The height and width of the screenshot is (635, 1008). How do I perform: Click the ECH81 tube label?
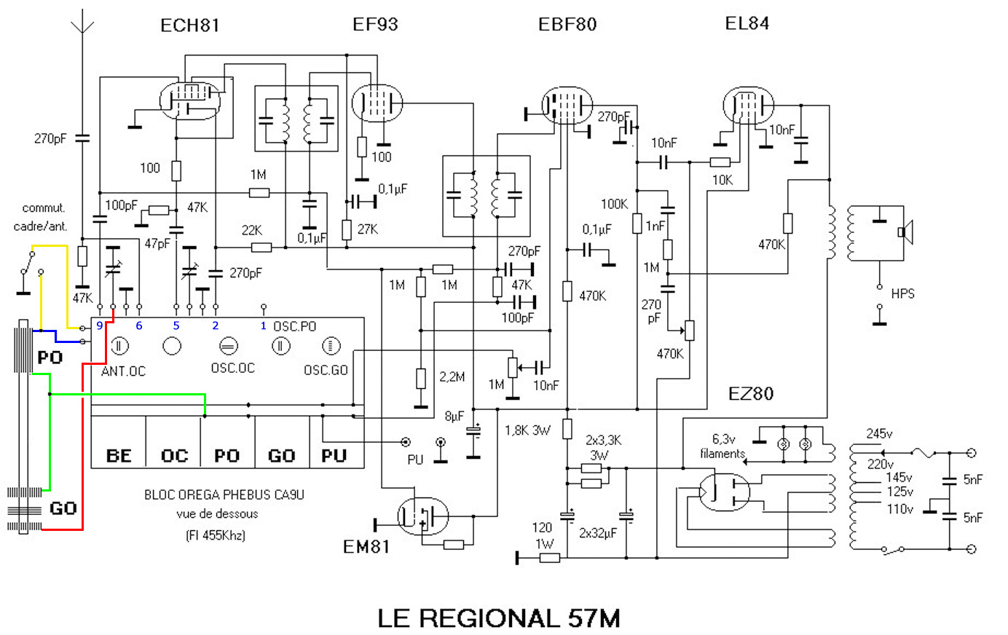tap(189, 25)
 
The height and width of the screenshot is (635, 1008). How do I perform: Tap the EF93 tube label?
tap(375, 25)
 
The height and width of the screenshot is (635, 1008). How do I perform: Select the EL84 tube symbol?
tap(747, 105)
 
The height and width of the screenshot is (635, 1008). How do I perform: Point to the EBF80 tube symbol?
tap(567, 106)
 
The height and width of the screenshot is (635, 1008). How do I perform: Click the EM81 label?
tap(366, 546)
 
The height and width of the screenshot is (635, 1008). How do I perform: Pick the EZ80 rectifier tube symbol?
tap(724, 492)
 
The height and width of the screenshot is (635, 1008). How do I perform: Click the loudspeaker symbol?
tap(905, 232)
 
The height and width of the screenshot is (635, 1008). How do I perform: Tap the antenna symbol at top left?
tap(82, 26)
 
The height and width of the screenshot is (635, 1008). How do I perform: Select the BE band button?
tap(119, 456)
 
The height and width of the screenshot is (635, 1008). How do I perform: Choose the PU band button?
tap(335, 456)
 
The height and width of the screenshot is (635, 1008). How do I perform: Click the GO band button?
tap(281, 456)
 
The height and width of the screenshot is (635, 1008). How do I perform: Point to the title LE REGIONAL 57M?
tap(499, 618)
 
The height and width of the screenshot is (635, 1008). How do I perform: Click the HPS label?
tap(902, 293)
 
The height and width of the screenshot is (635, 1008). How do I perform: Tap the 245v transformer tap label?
tap(879, 433)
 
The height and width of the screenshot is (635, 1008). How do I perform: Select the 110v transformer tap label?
tap(899, 509)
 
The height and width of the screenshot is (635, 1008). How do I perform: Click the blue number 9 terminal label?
tap(100, 326)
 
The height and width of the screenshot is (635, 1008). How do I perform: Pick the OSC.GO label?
tap(326, 370)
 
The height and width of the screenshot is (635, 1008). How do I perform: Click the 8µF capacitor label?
tap(454, 417)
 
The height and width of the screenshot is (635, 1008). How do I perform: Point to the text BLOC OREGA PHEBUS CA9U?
tap(224, 494)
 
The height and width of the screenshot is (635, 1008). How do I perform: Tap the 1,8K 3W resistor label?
tap(527, 430)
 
